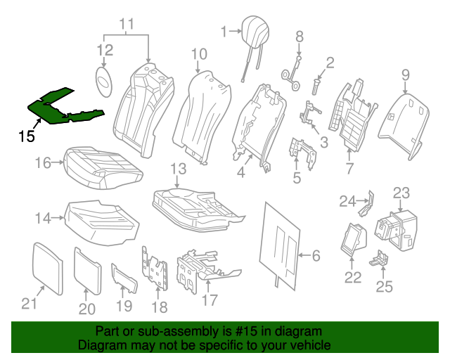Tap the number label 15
click(x=26, y=136)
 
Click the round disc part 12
click(x=104, y=79)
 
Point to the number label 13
click(x=178, y=169)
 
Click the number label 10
click(x=199, y=53)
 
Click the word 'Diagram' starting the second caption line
click(x=98, y=345)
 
